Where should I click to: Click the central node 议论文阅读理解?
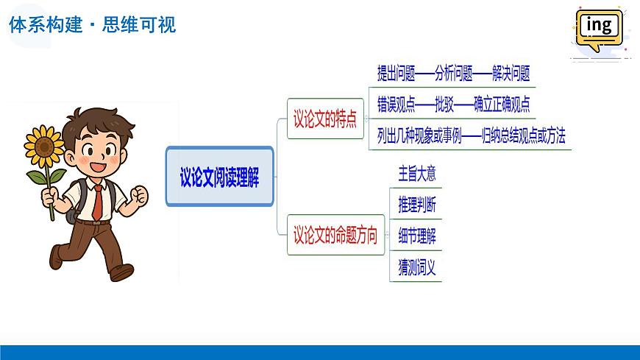pos(219,177)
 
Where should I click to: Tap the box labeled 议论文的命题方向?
pos(335,236)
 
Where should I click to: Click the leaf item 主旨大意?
pos(417,174)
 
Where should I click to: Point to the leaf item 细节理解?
pos(417,236)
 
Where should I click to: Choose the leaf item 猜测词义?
pos(417,267)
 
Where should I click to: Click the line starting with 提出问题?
pos(453,74)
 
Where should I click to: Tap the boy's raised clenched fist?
pos(137,196)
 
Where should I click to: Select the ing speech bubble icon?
pos(600,28)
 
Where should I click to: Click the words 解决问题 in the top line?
pos(506,74)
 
